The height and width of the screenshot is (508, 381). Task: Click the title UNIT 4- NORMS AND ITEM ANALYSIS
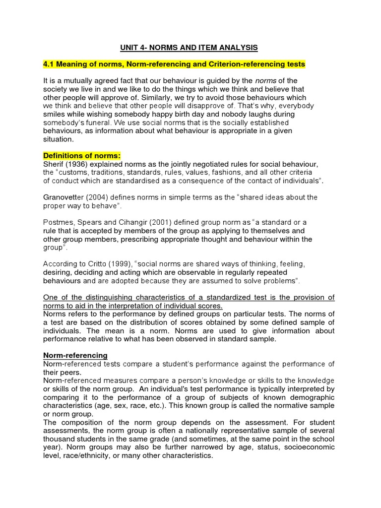(x=189, y=48)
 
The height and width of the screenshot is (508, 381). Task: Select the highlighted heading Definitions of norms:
(x=82, y=156)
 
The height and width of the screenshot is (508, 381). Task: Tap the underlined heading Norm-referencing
(x=75, y=356)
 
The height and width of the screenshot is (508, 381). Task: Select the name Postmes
(x=59, y=222)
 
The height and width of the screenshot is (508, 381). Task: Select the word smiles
(x=55, y=114)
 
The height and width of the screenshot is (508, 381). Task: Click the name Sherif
(x=54, y=164)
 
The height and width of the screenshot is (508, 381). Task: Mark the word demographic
(x=311, y=397)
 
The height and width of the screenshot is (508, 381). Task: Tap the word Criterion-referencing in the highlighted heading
(x=236, y=64)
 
